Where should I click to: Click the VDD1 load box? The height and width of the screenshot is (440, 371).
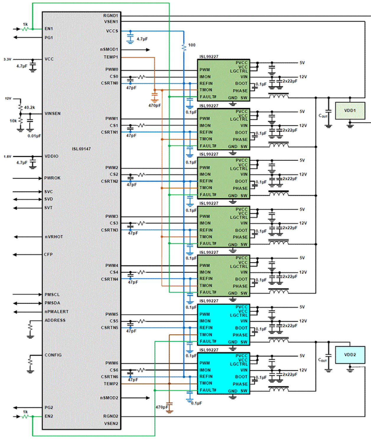(350, 111)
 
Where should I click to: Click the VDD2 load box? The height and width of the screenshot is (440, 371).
(350, 355)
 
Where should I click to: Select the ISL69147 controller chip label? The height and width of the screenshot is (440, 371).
(81, 149)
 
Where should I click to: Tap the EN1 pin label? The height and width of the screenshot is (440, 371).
(49, 29)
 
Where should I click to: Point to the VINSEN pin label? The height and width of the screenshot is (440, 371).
(53, 114)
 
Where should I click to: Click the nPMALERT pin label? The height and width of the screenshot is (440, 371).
(56, 311)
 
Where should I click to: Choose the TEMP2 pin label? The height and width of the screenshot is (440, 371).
(111, 384)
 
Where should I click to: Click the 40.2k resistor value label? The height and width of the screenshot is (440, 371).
(30, 107)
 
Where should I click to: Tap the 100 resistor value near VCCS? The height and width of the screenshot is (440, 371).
(192, 45)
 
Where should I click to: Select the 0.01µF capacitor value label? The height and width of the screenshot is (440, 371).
(34, 136)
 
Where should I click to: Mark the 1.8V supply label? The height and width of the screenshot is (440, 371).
(7, 157)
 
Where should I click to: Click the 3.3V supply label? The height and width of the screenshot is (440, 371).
(7, 59)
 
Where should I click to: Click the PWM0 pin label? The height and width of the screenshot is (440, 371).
(112, 70)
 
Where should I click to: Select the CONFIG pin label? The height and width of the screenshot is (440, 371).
(53, 355)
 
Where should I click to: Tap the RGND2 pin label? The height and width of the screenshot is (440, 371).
(110, 416)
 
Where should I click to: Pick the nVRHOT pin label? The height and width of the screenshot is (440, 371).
(54, 237)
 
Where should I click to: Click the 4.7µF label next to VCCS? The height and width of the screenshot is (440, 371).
(142, 39)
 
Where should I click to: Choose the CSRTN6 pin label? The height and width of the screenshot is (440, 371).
(109, 377)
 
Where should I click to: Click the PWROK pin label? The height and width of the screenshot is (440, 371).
(52, 178)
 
